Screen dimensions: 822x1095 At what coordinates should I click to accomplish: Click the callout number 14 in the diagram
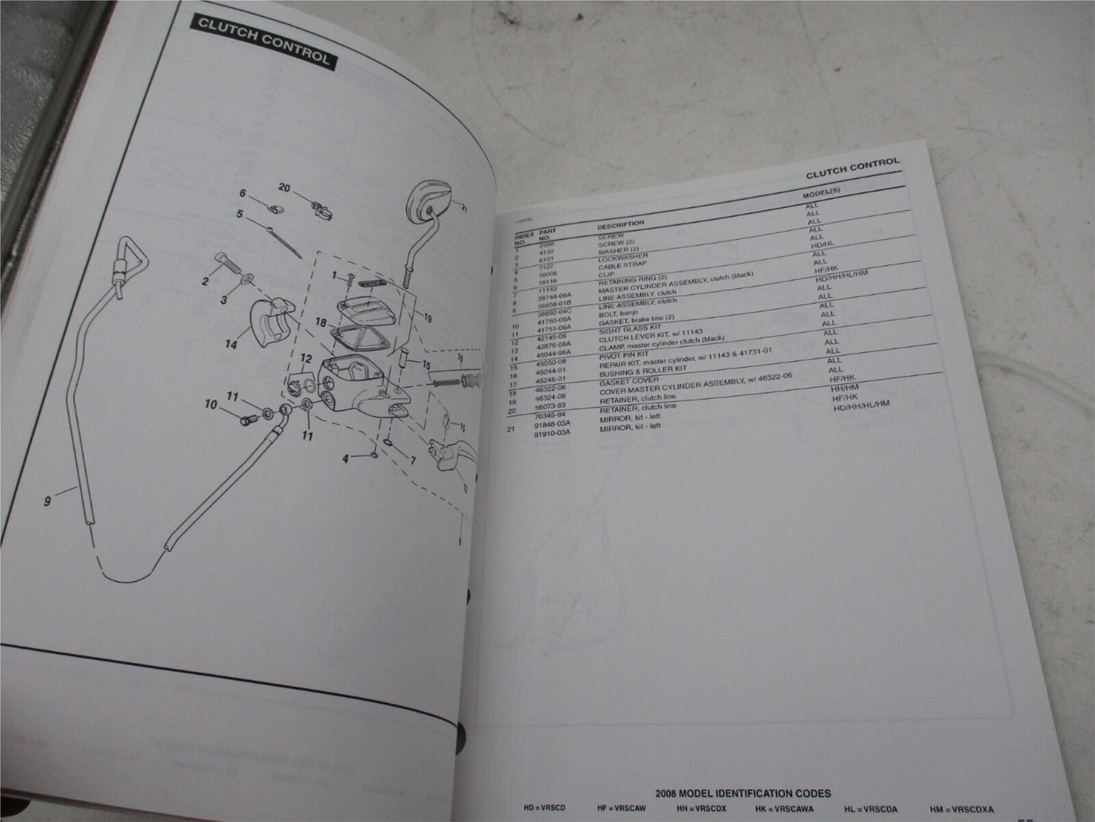pos(230,345)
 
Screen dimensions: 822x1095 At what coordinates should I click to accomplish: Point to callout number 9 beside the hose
pos(48,501)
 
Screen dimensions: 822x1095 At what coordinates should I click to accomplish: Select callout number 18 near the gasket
pos(321,322)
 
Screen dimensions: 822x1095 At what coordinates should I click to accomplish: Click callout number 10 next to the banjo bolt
pos(210,406)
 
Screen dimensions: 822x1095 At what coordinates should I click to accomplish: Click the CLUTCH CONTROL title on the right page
pos(853,168)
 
